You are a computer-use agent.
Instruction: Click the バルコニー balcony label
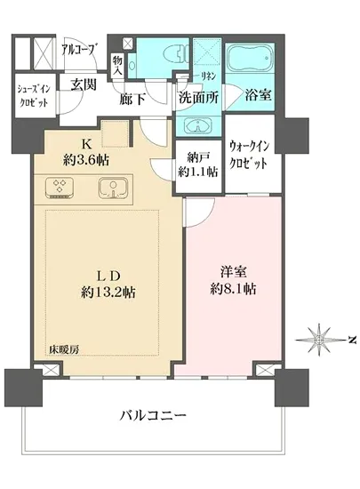pyautogui.click(x=152, y=416)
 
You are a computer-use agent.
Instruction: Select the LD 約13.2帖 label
pyautogui.click(x=109, y=282)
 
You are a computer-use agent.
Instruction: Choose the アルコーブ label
pyautogui.click(x=78, y=50)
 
